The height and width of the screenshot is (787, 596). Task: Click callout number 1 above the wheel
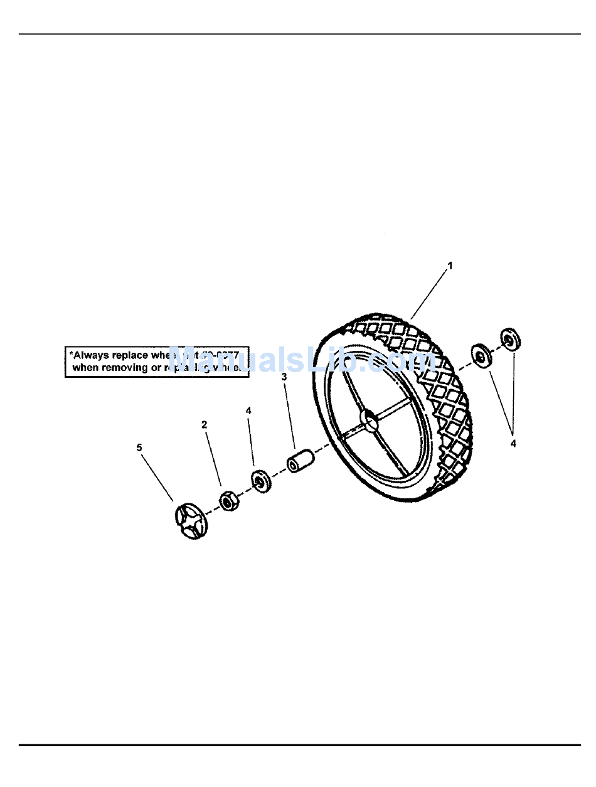pyautogui.click(x=449, y=265)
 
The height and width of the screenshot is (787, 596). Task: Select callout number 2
pyautogui.click(x=204, y=424)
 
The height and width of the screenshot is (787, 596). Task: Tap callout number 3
pyautogui.click(x=284, y=377)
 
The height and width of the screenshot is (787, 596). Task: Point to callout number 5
pyautogui.click(x=139, y=447)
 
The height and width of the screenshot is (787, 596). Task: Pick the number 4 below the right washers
pyautogui.click(x=513, y=443)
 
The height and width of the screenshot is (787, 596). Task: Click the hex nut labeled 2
pyautogui.click(x=228, y=501)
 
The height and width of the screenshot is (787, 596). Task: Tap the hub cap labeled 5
pyautogui.click(x=190, y=520)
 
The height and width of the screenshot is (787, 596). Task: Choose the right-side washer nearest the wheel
pyautogui.click(x=481, y=356)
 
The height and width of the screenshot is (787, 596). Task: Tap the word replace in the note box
pyautogui.click(x=130, y=355)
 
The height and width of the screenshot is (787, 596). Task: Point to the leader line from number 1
pyautogui.click(x=430, y=292)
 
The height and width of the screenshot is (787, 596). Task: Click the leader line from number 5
pyautogui.click(x=158, y=476)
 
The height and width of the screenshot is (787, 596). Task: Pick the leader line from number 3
pyautogui.click(x=289, y=415)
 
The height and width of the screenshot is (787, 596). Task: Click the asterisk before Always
pyautogui.click(x=71, y=353)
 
